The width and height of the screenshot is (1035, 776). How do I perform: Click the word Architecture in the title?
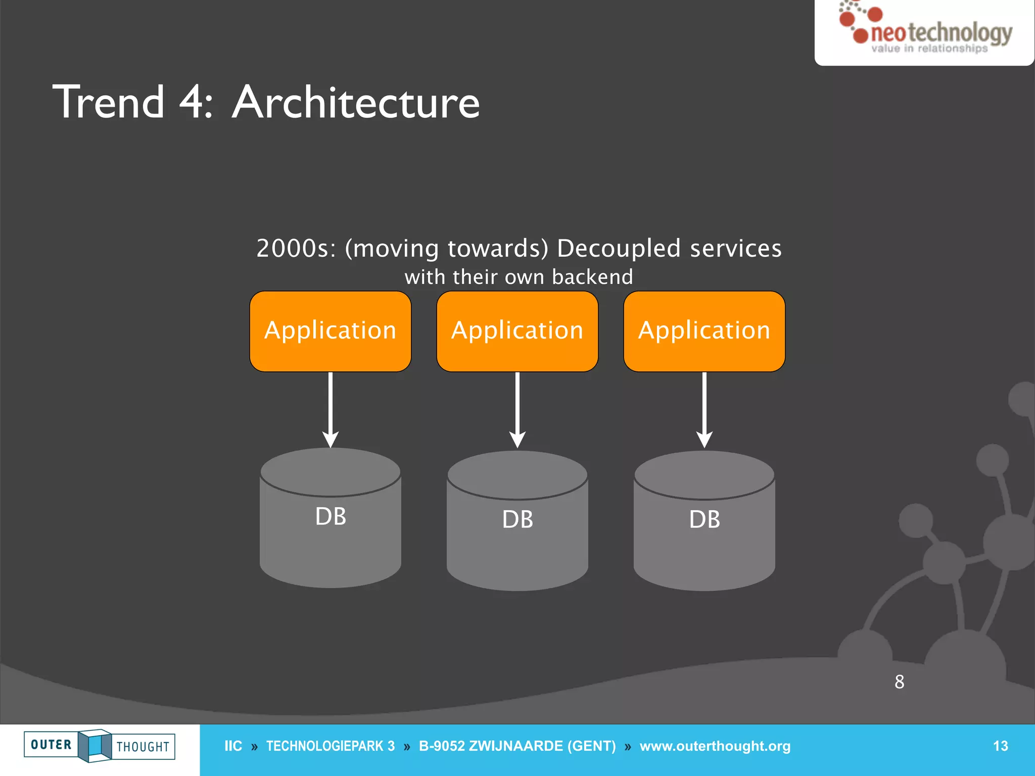356,103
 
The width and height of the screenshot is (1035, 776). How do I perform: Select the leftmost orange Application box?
330,331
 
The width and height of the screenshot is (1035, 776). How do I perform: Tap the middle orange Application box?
517,331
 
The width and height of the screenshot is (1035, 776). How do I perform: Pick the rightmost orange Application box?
704,331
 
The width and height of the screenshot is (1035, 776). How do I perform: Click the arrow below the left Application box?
330,409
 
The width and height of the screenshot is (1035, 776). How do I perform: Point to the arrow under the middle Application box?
517,409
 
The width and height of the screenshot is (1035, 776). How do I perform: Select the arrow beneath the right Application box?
704,409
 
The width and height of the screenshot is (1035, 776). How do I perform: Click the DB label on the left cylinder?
331,516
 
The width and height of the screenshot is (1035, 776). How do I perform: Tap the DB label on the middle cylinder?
517,519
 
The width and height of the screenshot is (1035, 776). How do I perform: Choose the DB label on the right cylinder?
704,519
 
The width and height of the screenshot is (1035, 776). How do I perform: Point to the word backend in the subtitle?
592,277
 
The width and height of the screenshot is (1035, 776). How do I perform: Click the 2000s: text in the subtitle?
296,249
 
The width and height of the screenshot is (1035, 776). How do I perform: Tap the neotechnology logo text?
941,33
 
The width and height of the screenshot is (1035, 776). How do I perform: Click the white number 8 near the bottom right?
899,682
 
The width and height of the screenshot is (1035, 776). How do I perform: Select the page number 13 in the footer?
1000,746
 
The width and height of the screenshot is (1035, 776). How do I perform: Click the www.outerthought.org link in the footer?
715,746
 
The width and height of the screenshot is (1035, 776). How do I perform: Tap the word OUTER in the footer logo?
51,745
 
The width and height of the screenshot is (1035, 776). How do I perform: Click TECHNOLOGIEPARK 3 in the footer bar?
330,746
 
